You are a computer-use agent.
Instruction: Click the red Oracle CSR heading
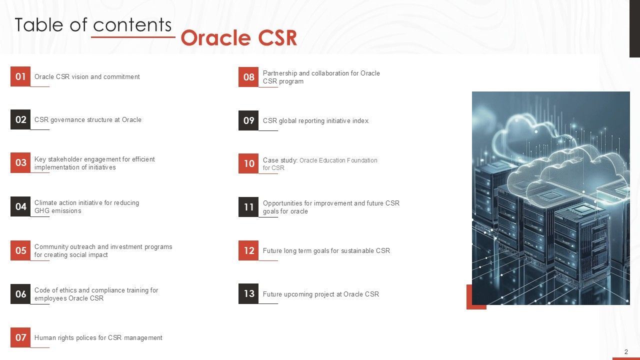coord(238,38)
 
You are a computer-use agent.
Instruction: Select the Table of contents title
coord(93,24)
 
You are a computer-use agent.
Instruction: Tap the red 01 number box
coord(20,76)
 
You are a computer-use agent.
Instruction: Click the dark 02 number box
coord(20,119)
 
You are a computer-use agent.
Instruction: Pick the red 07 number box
coord(20,337)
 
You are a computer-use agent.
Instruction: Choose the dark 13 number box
coord(248,293)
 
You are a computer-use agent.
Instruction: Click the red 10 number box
coord(248,163)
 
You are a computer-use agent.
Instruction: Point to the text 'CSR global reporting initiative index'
coord(315,120)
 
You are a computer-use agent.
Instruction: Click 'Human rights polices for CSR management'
coord(98,337)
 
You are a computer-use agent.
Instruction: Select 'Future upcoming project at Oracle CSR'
coord(320,294)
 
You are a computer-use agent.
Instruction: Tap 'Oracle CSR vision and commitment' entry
coord(87,76)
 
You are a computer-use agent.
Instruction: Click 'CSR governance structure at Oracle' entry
coord(87,119)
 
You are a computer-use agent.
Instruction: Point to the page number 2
coord(626,352)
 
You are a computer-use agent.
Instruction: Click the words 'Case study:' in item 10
coord(280,160)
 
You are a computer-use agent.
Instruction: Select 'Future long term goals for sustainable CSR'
coord(326,250)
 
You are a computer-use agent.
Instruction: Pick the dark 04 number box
coord(20,206)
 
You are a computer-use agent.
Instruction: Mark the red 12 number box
coord(248,250)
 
